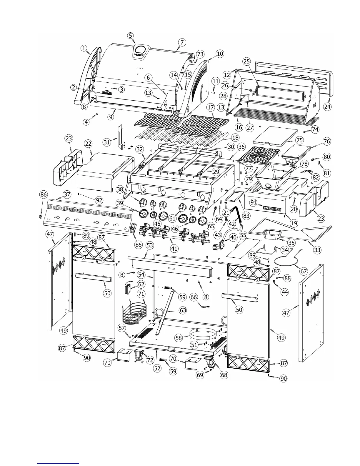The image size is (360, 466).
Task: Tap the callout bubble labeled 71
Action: tap(141, 294)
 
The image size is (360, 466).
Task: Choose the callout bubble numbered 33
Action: tap(317, 250)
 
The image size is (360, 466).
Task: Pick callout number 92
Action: tap(99, 200)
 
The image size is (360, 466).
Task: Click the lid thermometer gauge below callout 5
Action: tap(141, 51)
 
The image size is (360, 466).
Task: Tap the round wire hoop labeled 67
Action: tap(286, 260)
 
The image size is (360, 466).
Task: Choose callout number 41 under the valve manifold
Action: tap(174, 248)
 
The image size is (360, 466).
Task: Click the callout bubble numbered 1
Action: tap(84, 48)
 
